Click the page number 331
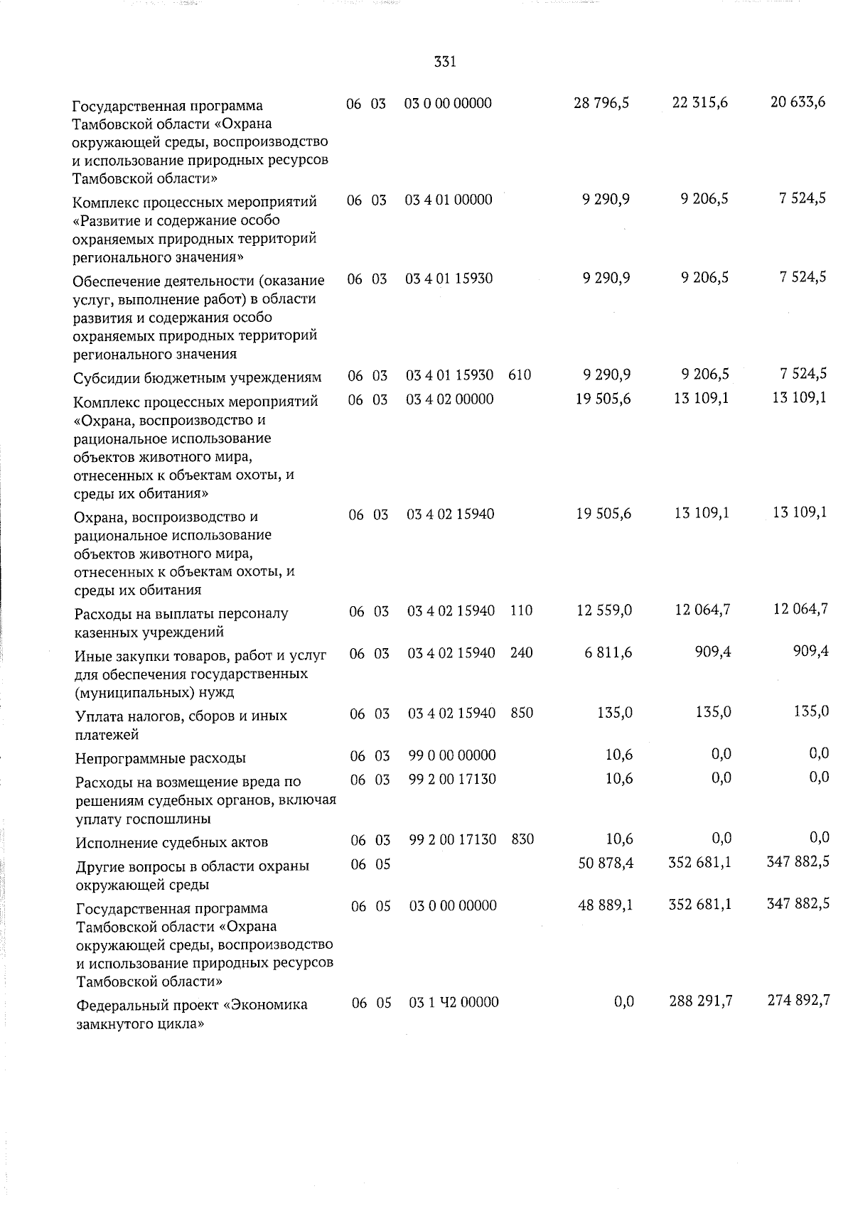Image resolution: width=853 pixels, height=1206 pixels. coord(444,62)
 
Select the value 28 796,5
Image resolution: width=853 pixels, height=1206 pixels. coord(601,103)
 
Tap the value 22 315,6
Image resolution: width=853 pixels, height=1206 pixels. coord(699,102)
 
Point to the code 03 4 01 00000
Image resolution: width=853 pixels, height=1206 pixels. coord(449,200)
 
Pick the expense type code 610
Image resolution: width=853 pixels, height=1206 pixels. coord(520,375)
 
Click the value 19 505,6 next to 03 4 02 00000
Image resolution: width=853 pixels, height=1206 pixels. coord(603,399)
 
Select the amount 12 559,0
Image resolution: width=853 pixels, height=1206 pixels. coord(604,610)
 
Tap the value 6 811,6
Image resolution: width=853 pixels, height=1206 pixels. coord(608,652)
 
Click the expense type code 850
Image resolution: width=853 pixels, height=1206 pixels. coord(522,713)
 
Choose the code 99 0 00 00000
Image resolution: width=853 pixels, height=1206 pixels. coord(453,755)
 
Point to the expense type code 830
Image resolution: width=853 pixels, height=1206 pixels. coord(522,839)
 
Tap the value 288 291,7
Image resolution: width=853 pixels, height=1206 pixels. coord(701,1001)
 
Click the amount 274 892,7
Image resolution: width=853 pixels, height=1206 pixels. coord(798,1001)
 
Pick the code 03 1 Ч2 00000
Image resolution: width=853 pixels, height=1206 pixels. coord(454,1002)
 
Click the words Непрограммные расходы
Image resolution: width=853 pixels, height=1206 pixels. coord(161,758)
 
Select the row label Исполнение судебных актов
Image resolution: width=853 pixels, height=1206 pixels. coord(172,843)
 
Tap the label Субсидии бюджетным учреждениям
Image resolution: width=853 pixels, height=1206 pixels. coord(198,377)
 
